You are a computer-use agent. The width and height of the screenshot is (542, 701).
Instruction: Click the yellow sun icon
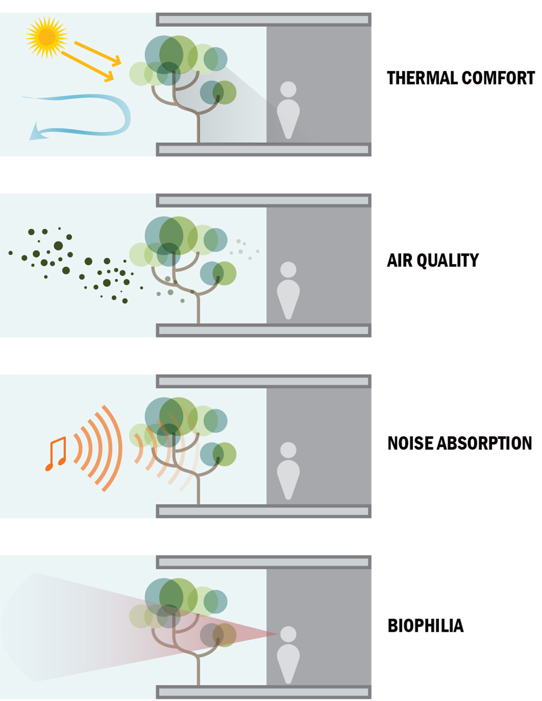(47, 37)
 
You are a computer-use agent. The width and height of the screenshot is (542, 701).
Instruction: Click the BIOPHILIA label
(425, 625)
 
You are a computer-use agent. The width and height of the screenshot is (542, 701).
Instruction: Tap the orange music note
(56, 454)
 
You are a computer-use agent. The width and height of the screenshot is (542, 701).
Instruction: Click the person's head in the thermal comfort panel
(288, 89)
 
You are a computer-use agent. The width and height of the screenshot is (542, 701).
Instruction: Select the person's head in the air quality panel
(288, 270)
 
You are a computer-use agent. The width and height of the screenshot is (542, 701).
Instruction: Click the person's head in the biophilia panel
(288, 634)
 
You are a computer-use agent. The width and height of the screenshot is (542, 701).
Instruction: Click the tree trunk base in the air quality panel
(198, 319)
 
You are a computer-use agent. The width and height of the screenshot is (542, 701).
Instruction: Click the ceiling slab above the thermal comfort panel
(264, 19)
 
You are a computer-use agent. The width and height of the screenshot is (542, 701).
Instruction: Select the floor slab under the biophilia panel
(264, 692)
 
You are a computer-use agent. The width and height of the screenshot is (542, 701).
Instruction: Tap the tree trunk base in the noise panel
(198, 500)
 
